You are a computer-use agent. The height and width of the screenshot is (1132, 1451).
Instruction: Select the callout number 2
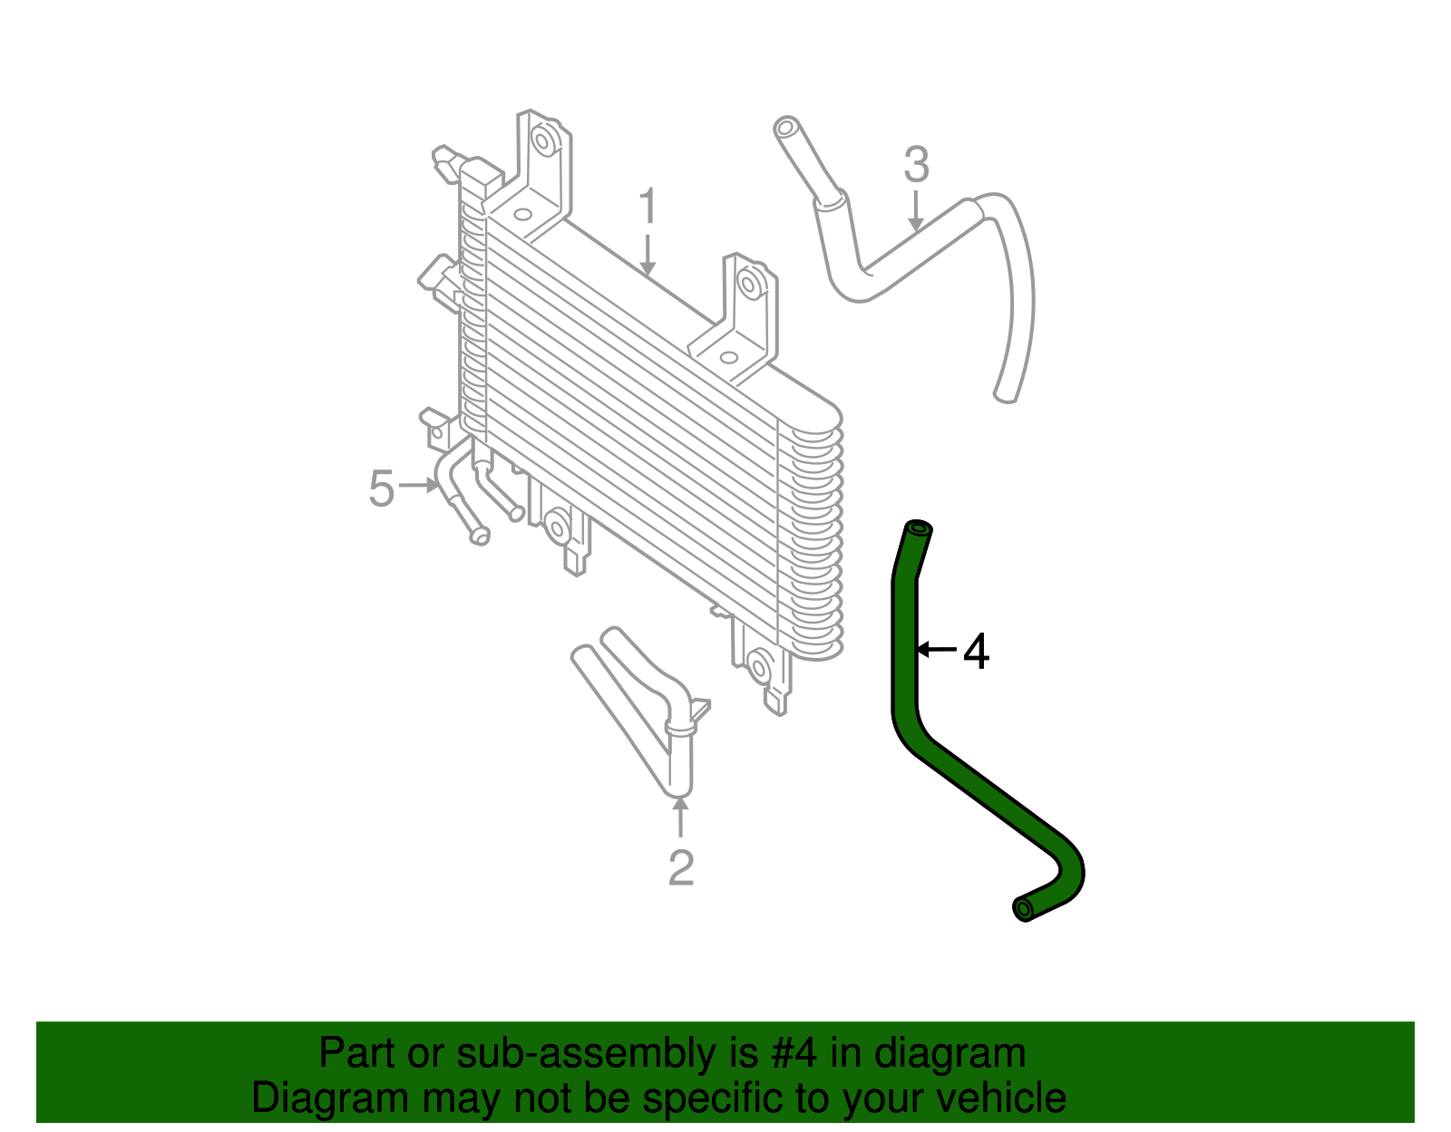(x=680, y=867)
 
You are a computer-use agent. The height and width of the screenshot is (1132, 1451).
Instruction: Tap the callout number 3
(x=916, y=165)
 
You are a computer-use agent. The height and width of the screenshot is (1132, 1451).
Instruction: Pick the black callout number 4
(x=976, y=651)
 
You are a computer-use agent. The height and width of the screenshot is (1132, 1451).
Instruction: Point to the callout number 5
(x=382, y=489)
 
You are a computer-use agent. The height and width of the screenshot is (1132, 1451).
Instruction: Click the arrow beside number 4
(x=936, y=649)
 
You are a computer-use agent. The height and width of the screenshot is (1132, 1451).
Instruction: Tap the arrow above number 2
(x=680, y=815)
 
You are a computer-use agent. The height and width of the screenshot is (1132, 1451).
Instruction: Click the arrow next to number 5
(x=418, y=486)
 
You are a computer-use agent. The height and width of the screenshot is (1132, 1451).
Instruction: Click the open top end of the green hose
(x=918, y=527)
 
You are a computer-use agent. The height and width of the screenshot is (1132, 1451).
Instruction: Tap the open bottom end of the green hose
(x=1022, y=908)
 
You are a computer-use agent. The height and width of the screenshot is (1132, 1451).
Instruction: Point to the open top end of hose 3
(x=785, y=126)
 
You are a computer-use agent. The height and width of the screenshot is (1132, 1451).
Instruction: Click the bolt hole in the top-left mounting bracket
(x=544, y=141)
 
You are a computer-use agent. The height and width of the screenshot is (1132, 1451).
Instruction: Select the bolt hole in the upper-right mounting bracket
(x=749, y=284)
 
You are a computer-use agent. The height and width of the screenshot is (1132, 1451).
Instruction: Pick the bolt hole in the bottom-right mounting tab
(x=758, y=669)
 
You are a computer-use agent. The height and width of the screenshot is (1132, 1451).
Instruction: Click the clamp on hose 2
(x=679, y=726)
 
